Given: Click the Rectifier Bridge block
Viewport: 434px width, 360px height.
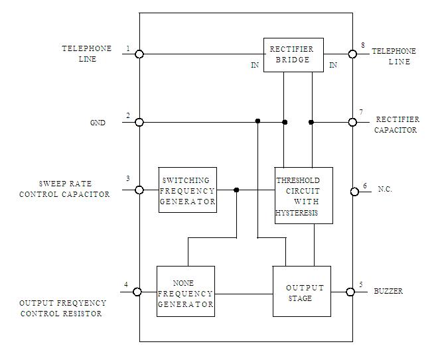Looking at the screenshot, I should (293, 54).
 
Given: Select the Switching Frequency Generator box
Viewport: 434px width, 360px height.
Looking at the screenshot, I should (188, 190).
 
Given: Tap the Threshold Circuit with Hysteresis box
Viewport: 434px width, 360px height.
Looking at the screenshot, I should (303, 196).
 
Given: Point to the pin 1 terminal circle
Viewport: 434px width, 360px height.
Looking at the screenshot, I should (139, 54).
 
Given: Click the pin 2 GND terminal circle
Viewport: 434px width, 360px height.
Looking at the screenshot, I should (139, 122).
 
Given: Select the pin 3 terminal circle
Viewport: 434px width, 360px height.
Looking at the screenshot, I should (139, 190).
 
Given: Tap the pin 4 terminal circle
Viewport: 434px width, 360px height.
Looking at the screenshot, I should (138, 292).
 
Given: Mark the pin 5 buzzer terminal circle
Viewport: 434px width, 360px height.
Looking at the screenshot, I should (351, 292).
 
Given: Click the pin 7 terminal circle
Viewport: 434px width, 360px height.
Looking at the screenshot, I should (353, 122).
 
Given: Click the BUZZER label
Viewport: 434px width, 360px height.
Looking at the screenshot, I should (388, 291).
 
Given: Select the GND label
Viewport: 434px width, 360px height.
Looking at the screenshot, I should (98, 123).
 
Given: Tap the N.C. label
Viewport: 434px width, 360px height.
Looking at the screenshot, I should (386, 190).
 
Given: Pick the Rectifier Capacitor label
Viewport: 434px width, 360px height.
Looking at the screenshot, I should (396, 125).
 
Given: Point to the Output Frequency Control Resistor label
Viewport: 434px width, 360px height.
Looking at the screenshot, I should (63, 308).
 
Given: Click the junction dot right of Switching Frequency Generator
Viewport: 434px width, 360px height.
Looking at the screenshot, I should (237, 190).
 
